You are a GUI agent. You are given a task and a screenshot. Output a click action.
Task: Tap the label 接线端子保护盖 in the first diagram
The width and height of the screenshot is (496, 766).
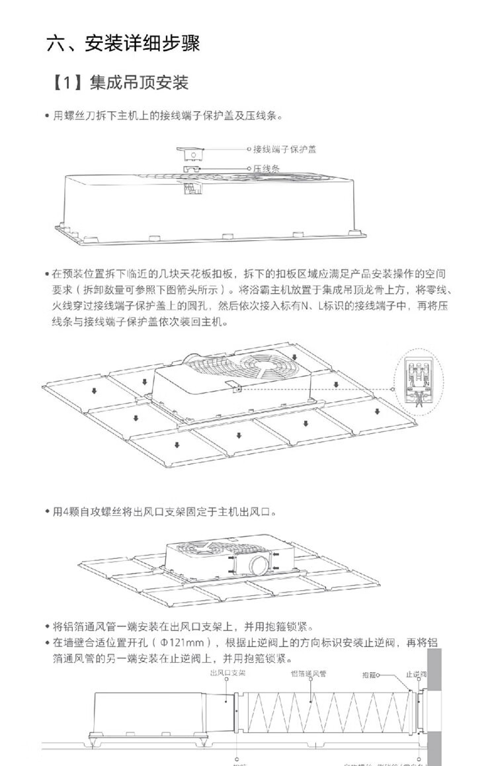285,149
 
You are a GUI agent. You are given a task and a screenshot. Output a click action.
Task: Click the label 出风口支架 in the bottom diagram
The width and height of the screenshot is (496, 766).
227,673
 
